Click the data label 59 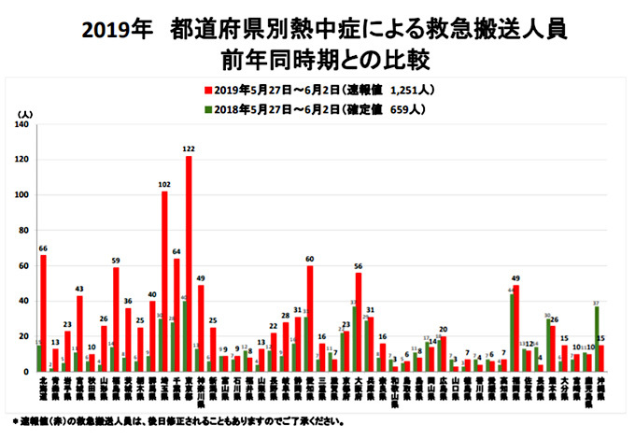pos(116,261)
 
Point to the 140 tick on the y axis pos(21,125)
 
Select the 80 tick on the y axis pos(23,231)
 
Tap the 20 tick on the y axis pos(23,336)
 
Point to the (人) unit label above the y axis pos(25,113)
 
